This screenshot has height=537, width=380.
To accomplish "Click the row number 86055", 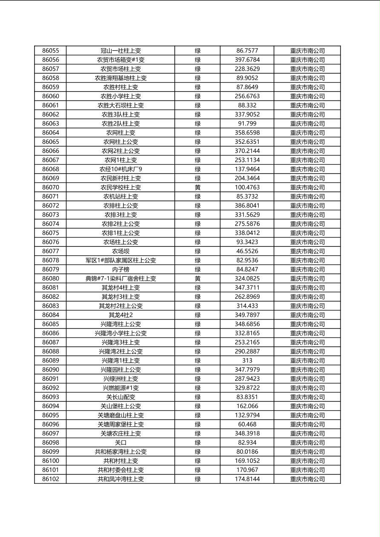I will pos(51,51).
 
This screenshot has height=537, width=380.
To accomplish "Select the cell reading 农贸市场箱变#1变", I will pos(121,60).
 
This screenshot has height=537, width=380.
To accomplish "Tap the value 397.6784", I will pos(247,60).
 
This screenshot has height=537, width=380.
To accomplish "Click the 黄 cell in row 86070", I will pos(198,187).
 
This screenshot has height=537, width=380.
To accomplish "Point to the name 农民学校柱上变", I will pos(121,187).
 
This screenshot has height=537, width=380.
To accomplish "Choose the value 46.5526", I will pos(247,251).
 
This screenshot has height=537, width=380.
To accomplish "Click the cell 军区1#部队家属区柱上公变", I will pos(121,260).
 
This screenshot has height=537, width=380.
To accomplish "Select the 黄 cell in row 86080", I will pos(198,279).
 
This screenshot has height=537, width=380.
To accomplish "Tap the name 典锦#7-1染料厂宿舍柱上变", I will pos(121,279).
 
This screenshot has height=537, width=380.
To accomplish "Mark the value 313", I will pos(247,360).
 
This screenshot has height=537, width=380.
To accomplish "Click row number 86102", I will pos(51,479).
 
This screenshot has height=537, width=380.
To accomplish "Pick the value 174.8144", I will pos(247,479).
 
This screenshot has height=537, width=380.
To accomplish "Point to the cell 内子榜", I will pos(121,269).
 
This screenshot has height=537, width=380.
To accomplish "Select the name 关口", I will pos(121,443).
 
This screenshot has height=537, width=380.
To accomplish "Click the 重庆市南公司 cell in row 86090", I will pos(307,370).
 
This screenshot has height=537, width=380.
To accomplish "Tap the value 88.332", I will pos(247,106).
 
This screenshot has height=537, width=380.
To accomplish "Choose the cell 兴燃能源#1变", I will pos(121,388).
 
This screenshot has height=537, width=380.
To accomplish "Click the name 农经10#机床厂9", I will pos(121,169).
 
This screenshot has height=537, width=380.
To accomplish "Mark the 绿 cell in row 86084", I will pos(198,315).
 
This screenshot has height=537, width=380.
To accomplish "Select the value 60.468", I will pos(247,424).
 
